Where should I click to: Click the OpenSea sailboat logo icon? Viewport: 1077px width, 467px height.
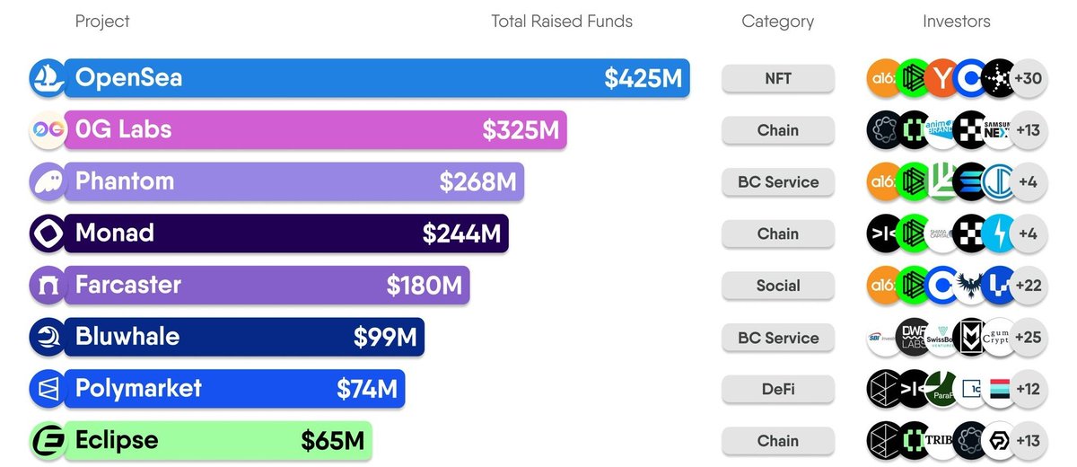pyautogui.click(x=45, y=78)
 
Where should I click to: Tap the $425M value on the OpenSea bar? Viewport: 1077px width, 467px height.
pyautogui.click(x=643, y=79)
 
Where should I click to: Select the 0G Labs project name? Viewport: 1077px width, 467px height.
pyautogui.click(x=124, y=129)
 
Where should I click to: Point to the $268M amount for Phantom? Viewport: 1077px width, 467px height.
pyautogui.click(x=477, y=182)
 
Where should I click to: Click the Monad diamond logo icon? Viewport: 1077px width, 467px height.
pyautogui.click(x=45, y=233)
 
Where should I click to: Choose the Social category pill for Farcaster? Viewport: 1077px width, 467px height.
pyautogui.click(x=778, y=286)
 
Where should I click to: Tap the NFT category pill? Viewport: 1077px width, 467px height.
pyautogui.click(x=778, y=78)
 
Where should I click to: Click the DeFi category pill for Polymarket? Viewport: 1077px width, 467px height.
pyautogui.click(x=778, y=389)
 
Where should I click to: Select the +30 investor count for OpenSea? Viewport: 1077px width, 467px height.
pyautogui.click(x=1028, y=78)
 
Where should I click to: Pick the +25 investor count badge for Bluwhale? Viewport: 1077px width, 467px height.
pyautogui.click(x=1028, y=338)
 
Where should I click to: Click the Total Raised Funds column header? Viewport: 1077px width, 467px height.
pyautogui.click(x=562, y=22)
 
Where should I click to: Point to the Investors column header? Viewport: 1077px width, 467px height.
pyautogui.click(x=957, y=22)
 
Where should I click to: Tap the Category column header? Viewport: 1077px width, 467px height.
pyautogui.click(x=778, y=22)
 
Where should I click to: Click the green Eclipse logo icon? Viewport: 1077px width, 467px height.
pyautogui.click(x=45, y=441)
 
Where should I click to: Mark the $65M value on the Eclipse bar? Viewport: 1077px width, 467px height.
pyautogui.click(x=332, y=441)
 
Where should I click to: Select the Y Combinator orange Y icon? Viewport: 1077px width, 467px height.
pyautogui.click(x=940, y=78)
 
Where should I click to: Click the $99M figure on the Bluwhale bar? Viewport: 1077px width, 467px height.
pyautogui.click(x=385, y=338)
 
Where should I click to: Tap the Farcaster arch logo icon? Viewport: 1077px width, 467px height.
pyautogui.click(x=45, y=286)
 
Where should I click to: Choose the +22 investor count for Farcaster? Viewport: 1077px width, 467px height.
pyautogui.click(x=1028, y=286)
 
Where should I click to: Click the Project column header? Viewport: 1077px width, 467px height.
pyautogui.click(x=102, y=22)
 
